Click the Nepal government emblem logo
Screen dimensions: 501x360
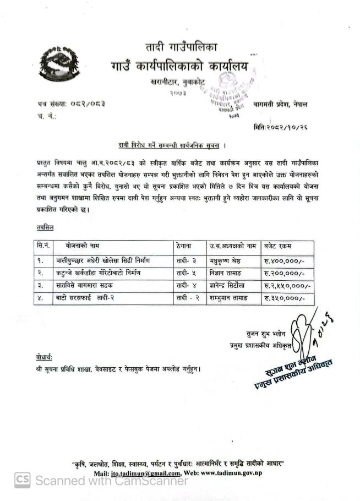[x=59, y=65]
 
